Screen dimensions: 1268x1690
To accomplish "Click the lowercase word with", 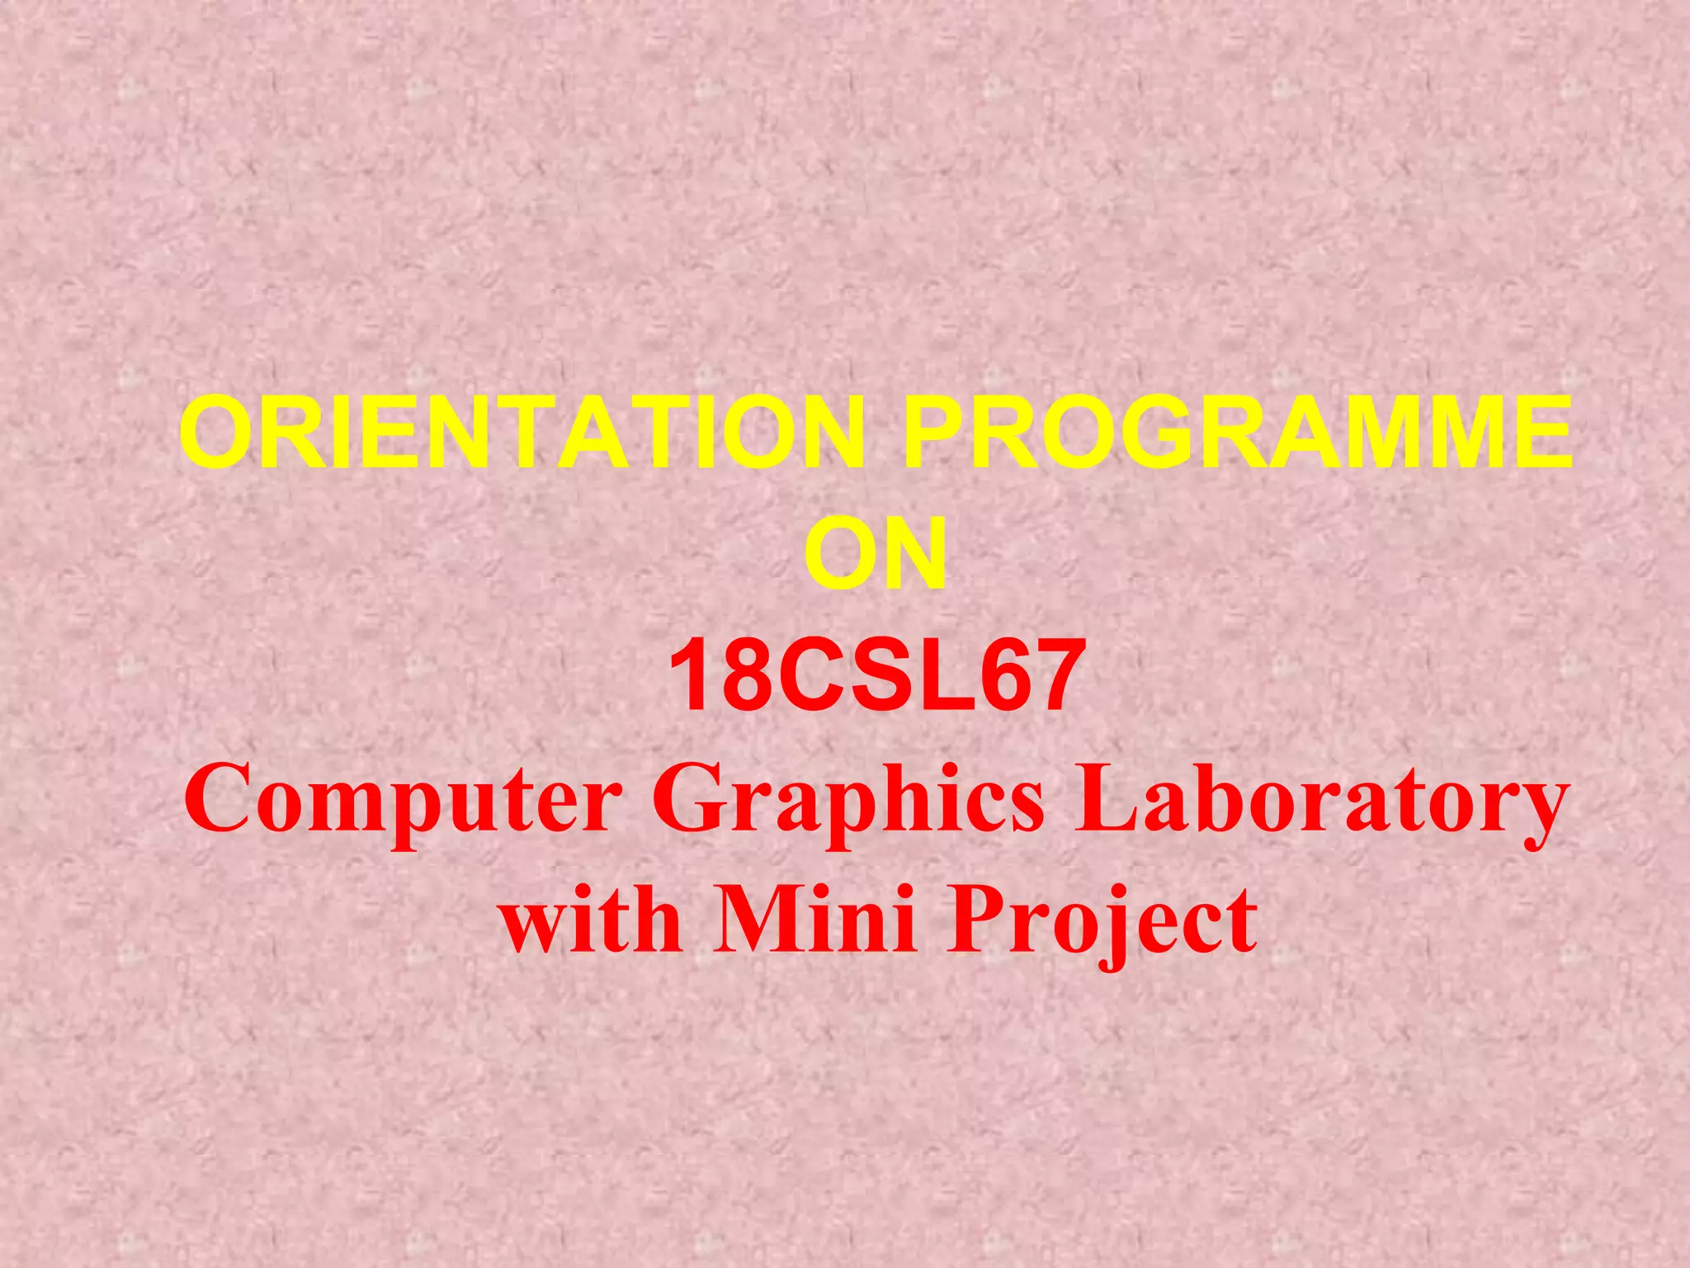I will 591,919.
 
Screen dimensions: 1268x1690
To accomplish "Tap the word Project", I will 1102,919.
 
